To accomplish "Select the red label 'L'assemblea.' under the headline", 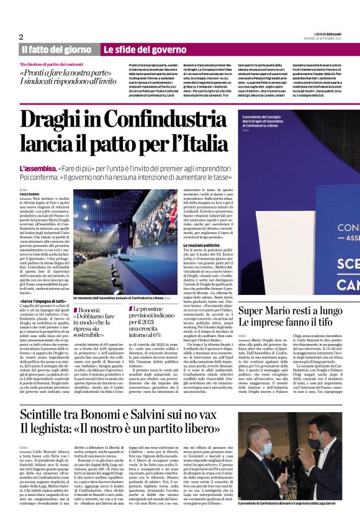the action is [38, 168].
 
